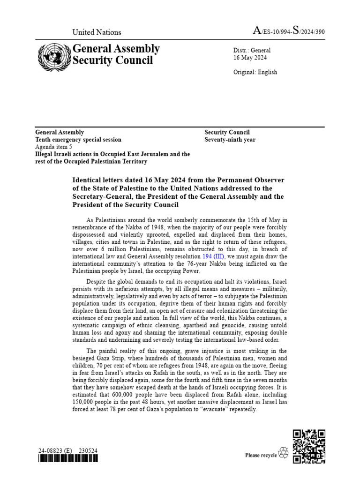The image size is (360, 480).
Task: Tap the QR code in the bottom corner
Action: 309,447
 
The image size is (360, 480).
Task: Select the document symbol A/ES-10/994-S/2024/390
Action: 288,31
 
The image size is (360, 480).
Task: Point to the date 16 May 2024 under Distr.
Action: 250,58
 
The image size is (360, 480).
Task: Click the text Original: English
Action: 255,72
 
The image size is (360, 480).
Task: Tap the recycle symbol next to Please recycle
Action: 284,453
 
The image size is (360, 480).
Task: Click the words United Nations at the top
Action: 97,32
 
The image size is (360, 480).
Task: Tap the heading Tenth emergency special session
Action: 78,140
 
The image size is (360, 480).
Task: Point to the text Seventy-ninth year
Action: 230,140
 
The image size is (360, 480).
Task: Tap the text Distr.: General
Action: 252,50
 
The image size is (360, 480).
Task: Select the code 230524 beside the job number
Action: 89,451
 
